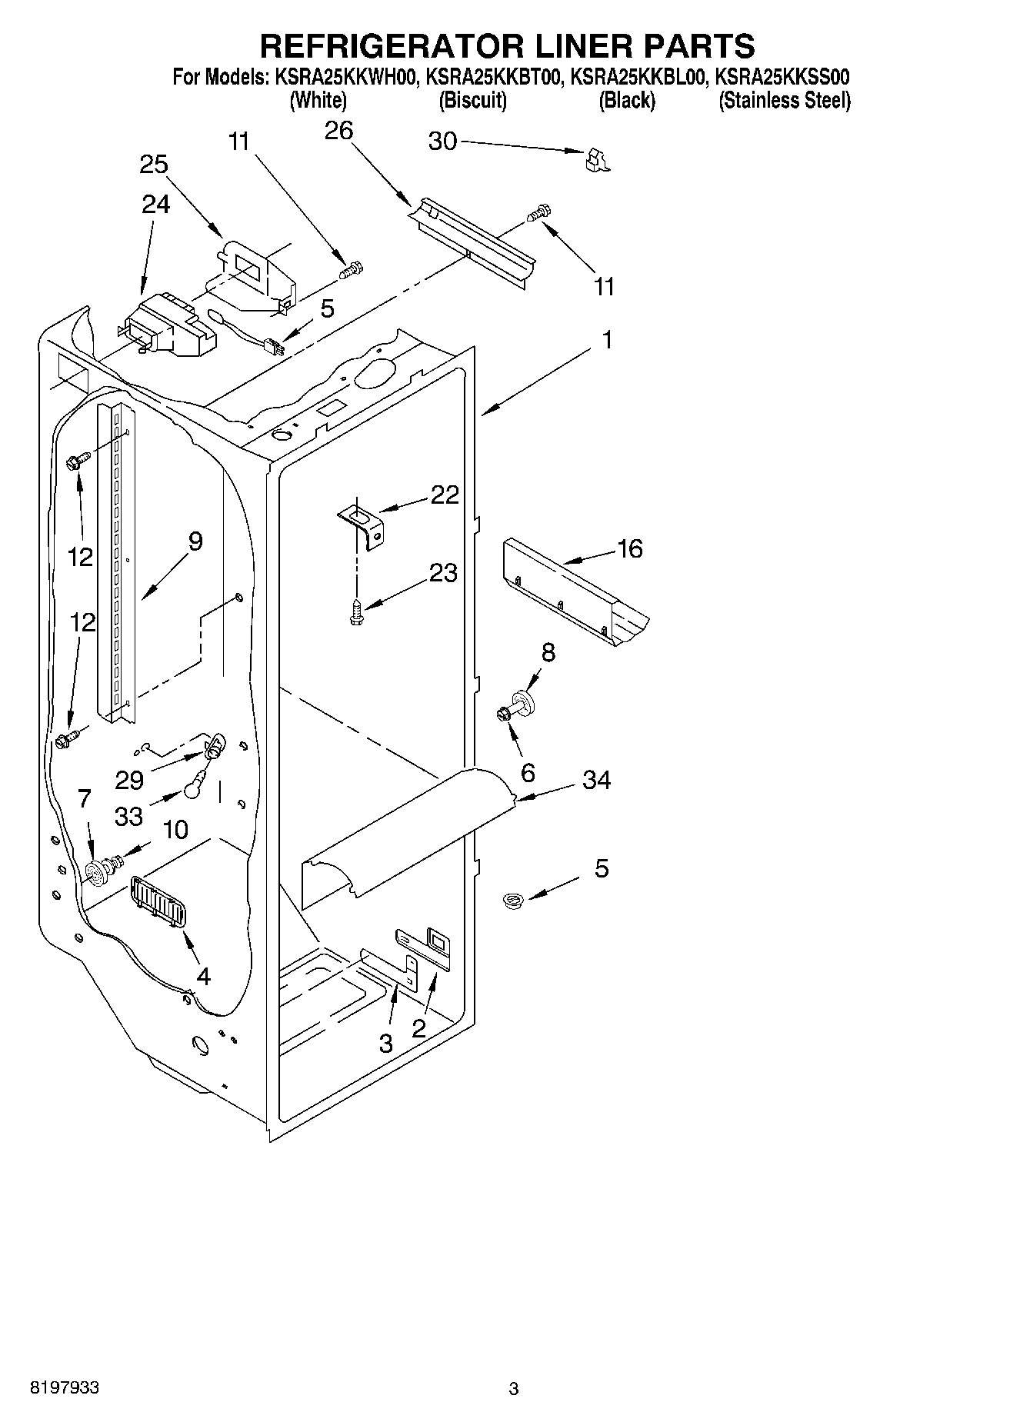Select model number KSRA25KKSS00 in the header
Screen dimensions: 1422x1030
tap(782, 78)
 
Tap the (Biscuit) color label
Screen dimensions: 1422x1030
tap(472, 101)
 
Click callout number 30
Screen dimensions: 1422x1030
tap(442, 142)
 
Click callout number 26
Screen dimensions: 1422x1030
tap(338, 132)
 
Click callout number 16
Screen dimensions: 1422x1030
tap(629, 548)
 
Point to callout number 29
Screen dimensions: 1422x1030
tap(129, 780)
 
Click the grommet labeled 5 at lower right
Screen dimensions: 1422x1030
tap(509, 899)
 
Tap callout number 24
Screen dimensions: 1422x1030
tap(156, 204)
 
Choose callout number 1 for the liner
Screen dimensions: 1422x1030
tap(607, 339)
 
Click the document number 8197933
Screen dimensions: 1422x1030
tap(64, 1388)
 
